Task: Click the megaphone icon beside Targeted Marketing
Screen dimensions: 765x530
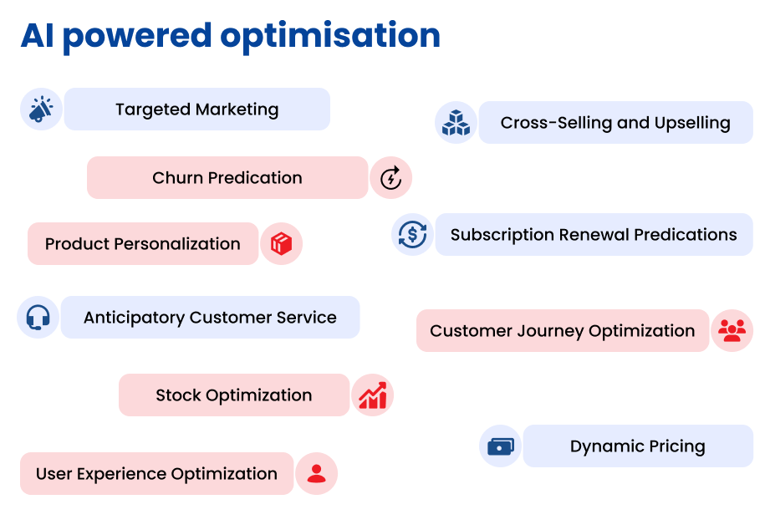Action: pos(41,109)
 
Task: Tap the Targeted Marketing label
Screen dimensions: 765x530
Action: pos(197,110)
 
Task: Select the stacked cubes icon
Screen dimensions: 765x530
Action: pos(456,123)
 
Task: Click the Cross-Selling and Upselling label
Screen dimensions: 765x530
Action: pos(615,123)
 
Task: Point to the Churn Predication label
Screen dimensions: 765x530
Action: pos(227,178)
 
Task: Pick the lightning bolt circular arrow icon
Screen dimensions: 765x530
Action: pos(390,178)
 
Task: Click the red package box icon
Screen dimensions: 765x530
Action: pos(282,243)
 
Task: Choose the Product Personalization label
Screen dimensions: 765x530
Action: pos(142,244)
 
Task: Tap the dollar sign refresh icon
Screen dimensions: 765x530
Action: pos(413,234)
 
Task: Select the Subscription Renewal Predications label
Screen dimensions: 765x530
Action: pos(594,235)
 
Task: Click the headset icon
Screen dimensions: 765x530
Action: pos(38,317)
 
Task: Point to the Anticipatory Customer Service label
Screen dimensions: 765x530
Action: pos(211,318)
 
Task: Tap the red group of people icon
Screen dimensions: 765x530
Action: pos(732,330)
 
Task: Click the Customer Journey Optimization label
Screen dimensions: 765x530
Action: pos(563,331)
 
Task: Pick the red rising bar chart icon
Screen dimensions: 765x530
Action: pos(373,395)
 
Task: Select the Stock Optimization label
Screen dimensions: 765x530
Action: pos(234,395)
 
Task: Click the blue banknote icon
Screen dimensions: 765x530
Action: pos(501,446)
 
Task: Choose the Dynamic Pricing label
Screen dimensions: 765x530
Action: pos(638,446)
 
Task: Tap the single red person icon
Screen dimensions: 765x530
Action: pos(316,474)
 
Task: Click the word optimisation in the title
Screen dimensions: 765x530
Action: pos(330,36)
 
